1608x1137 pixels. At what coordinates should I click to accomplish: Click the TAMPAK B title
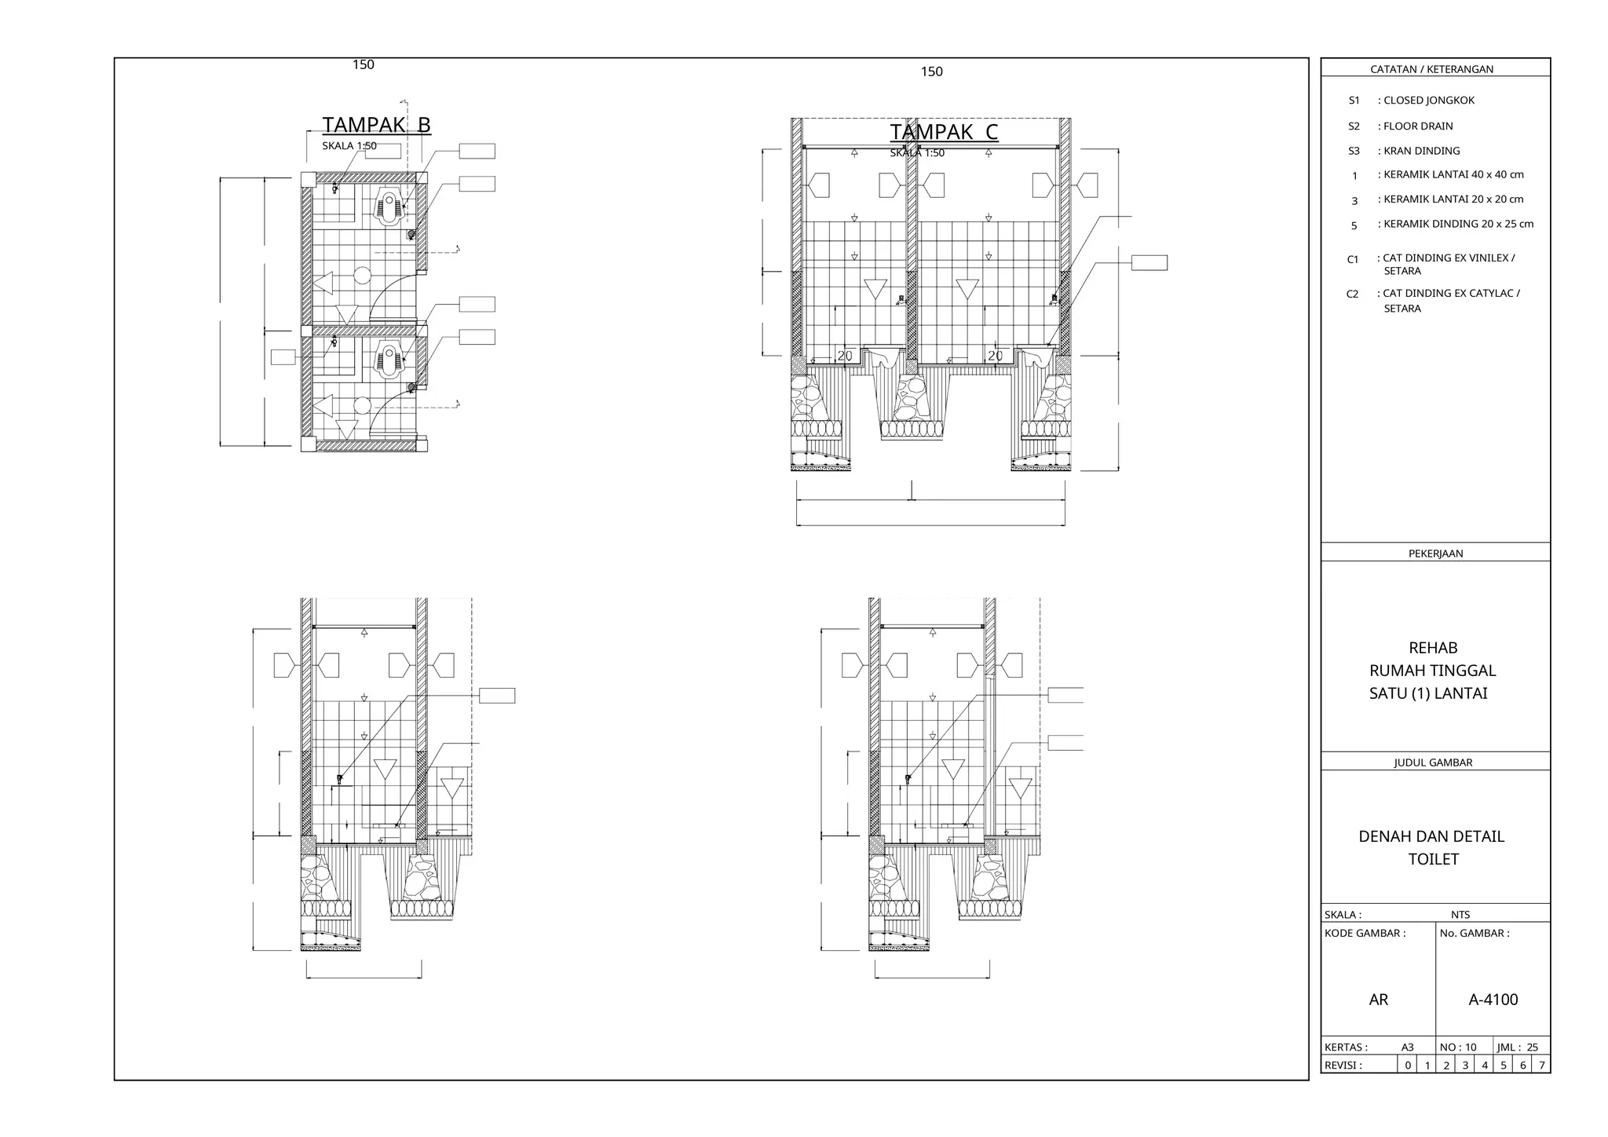[376, 125]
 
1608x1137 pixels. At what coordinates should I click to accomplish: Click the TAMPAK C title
[944, 132]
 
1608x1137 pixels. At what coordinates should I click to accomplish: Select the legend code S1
[1354, 101]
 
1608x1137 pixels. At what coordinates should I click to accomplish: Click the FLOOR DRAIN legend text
[1418, 126]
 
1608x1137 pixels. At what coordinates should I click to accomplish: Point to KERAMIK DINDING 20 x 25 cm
[1458, 224]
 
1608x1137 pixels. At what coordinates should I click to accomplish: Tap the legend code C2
[1352, 294]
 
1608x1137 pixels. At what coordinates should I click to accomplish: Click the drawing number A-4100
[1493, 1000]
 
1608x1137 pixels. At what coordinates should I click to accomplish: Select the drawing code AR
[1378, 1000]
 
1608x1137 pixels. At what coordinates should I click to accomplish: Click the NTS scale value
[1460, 914]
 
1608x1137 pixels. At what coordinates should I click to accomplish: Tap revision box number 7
[1541, 1066]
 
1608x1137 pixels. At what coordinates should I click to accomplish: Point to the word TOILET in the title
[1433, 859]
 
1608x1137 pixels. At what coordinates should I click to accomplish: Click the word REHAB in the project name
[1433, 648]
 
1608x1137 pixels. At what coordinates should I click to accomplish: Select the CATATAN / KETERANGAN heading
[1431, 69]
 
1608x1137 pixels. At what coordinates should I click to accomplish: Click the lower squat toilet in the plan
[389, 360]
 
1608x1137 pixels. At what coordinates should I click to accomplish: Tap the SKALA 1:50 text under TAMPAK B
[349, 146]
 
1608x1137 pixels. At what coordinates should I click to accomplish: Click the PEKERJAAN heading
[1435, 553]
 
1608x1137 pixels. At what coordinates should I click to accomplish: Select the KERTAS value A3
[1407, 1047]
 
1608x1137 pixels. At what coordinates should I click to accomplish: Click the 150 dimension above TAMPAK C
[931, 71]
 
